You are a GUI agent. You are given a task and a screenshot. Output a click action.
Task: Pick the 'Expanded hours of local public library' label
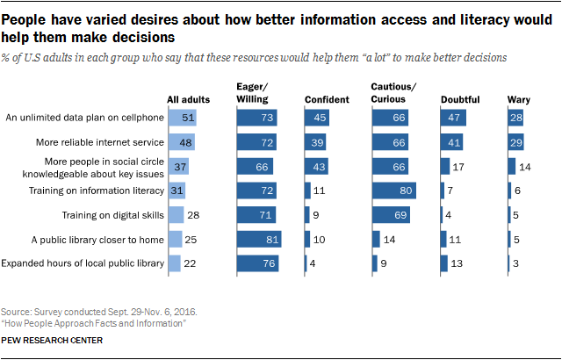pos(84,263)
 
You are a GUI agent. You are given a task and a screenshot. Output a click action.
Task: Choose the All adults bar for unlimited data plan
pos(183,116)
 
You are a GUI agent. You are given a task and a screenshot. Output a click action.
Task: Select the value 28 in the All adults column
pos(193,213)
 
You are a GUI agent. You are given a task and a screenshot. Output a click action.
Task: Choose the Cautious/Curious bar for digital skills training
pos(392,213)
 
